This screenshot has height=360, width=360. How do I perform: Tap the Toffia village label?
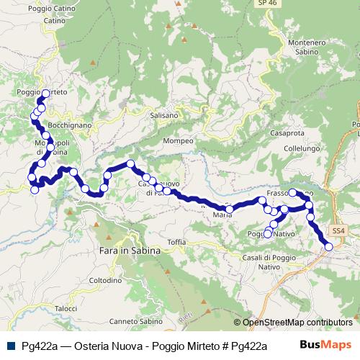point(176,242)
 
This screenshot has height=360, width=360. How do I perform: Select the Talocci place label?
point(66,308)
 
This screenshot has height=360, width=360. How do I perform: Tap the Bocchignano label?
point(71,125)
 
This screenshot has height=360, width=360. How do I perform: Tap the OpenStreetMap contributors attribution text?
point(297,323)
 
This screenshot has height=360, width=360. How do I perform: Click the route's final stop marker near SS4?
point(328,247)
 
